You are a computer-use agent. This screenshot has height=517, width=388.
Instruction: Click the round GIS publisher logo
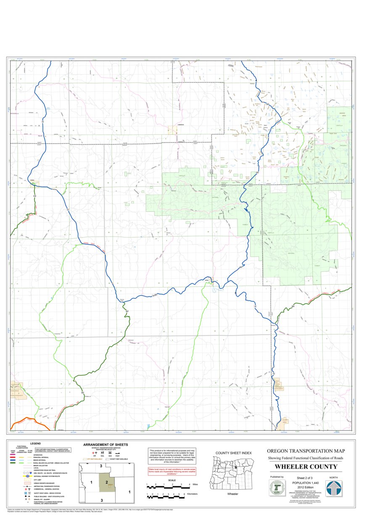[277, 488]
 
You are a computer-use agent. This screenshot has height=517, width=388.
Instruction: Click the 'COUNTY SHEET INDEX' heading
[233, 453]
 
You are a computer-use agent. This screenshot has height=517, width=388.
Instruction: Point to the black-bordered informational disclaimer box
[172, 456]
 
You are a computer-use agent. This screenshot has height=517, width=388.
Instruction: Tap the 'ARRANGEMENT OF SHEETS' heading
[106, 445]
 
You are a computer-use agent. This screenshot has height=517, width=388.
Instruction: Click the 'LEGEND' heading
[35, 443]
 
